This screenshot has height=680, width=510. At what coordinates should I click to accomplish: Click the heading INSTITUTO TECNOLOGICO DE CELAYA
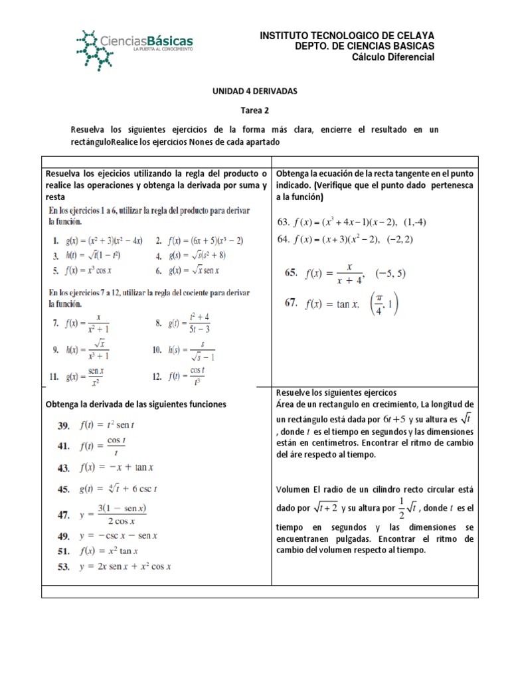click(346, 35)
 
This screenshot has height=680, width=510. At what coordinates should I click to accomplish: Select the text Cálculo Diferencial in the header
click(393, 58)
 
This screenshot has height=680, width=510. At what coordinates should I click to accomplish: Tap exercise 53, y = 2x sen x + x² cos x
click(117, 566)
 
